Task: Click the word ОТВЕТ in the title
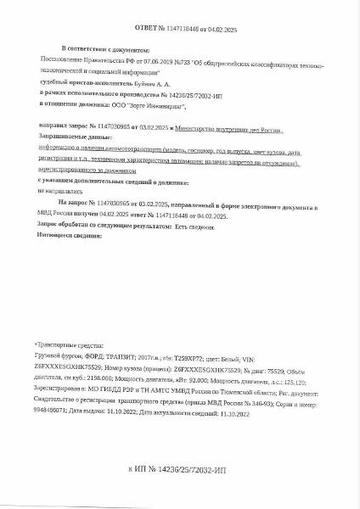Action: coord(141,28)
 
